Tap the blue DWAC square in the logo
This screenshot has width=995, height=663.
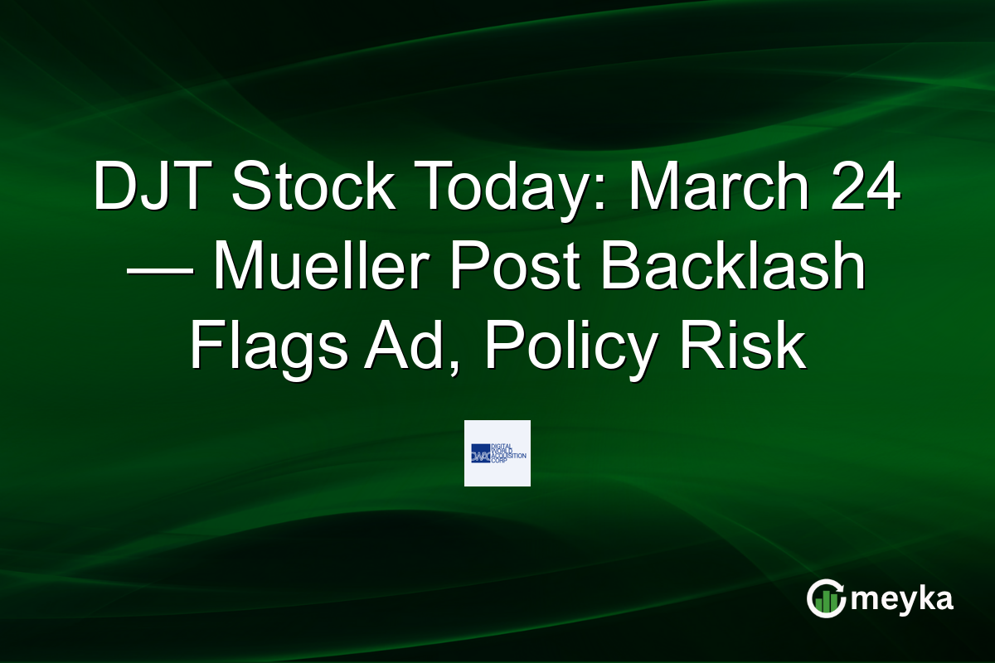481,452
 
